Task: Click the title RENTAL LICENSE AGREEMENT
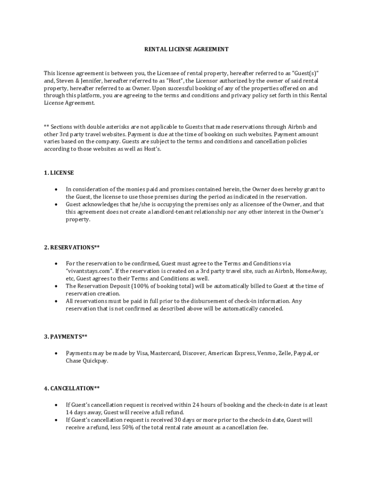tap(186, 49)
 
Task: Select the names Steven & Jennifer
tap(76, 80)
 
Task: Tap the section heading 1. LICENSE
tap(59, 173)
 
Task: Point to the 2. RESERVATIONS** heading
tap(72, 248)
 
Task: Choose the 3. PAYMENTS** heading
tap(65, 336)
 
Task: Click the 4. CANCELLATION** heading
tap(72, 388)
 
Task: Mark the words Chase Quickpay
tap(87, 361)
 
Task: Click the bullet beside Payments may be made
tap(57, 354)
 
